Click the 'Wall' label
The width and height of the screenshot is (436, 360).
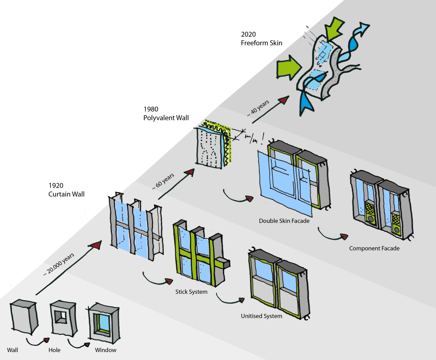pyautogui.click(x=12, y=350)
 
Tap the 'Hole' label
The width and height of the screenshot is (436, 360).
pyautogui.click(x=54, y=350)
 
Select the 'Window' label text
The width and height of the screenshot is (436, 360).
pyautogui.click(x=105, y=350)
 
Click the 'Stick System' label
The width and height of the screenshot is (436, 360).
pyautogui.click(x=191, y=292)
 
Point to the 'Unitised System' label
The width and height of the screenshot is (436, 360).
pyautogui.click(x=261, y=316)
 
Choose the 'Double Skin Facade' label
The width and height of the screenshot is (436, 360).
pyautogui.click(x=284, y=221)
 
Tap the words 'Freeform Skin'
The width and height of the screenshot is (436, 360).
pyautogui.click(x=262, y=43)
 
